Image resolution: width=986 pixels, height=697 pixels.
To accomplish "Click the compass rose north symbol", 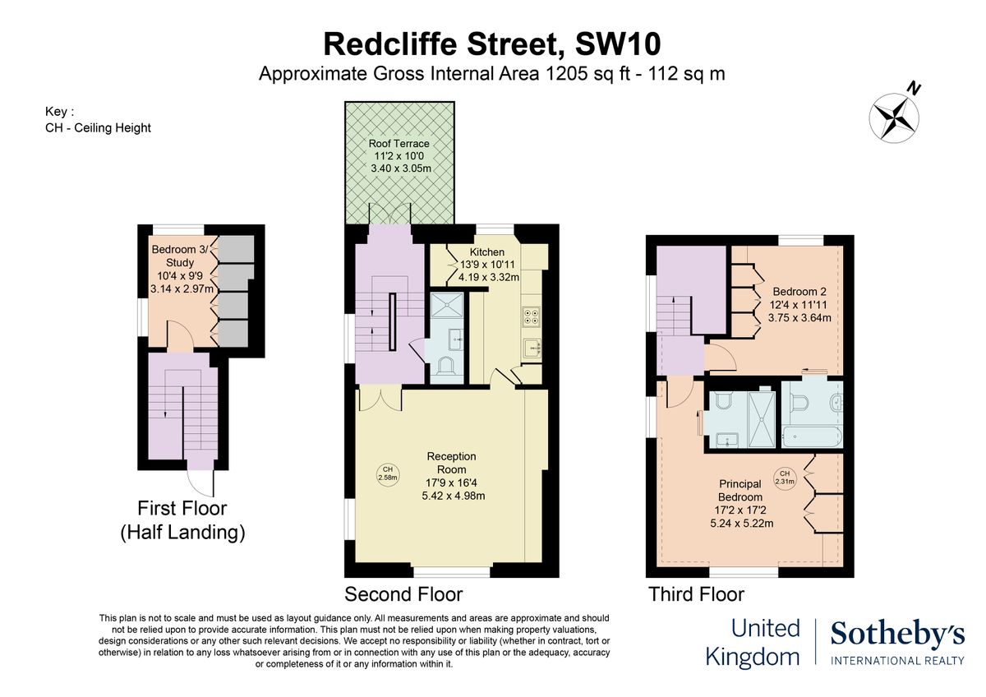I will click(x=893, y=114).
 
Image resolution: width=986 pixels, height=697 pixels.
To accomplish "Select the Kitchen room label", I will click(x=487, y=264).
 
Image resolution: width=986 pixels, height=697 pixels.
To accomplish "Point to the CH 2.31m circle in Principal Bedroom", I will click(x=785, y=478).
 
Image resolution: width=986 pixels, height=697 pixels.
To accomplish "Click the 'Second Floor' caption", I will click(x=403, y=593).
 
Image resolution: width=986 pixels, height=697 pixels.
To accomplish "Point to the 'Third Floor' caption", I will click(x=696, y=593).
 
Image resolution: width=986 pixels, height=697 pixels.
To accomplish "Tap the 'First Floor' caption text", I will click(x=182, y=508).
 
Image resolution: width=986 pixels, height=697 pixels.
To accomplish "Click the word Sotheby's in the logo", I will click(x=896, y=634).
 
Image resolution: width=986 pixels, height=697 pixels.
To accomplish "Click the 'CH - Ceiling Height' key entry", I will click(x=99, y=127).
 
